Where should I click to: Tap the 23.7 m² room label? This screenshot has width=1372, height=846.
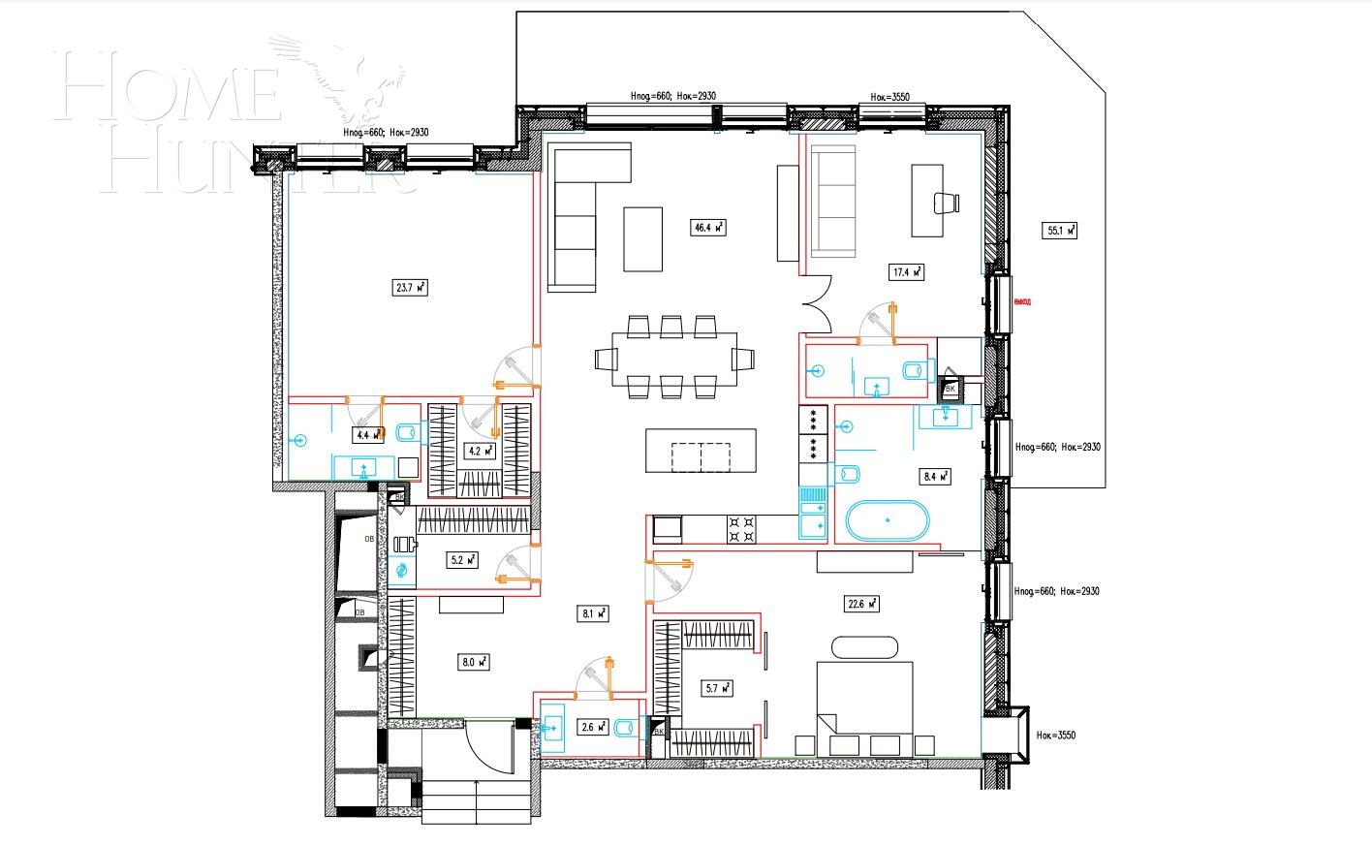(x=411, y=287)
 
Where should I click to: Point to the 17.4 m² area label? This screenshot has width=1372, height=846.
(x=906, y=272)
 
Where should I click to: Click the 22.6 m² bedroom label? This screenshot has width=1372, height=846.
(x=861, y=604)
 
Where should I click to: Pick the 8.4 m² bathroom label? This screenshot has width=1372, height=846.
(x=933, y=476)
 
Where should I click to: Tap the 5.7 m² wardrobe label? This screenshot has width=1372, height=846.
(x=716, y=688)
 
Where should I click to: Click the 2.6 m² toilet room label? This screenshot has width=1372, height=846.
(x=592, y=726)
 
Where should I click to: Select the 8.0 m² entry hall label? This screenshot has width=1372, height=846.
(x=473, y=663)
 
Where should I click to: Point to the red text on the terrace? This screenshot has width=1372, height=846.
(x=1021, y=301)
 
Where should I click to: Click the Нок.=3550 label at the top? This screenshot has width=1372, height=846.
(x=889, y=97)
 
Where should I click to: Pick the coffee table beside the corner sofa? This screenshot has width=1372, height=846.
(x=643, y=238)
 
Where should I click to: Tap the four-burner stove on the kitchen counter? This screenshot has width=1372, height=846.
(x=742, y=528)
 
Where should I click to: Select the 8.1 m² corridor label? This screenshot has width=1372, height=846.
(x=593, y=612)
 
